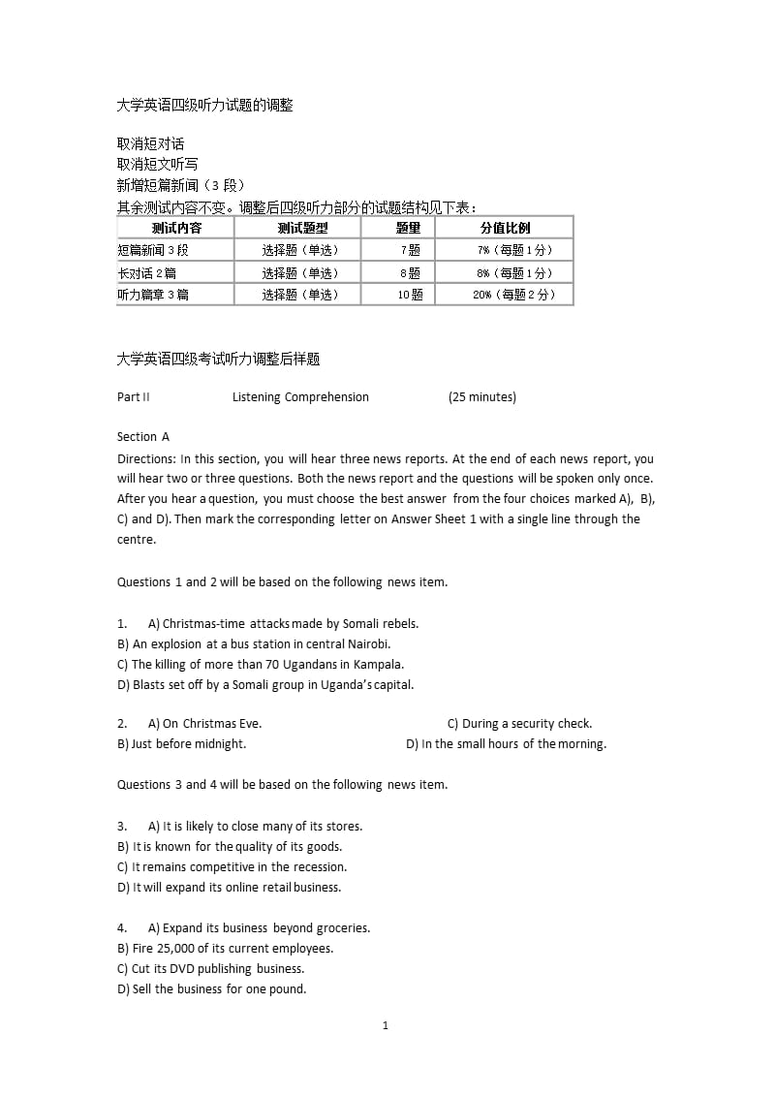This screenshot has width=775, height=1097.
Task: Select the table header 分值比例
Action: [x=505, y=228]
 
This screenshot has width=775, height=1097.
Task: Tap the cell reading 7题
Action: [x=409, y=250]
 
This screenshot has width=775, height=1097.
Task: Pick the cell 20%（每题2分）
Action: [x=513, y=295]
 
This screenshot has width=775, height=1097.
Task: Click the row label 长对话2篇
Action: [x=146, y=273]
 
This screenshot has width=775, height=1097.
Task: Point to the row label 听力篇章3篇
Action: [x=153, y=295]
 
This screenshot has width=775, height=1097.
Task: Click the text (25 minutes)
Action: [x=482, y=397]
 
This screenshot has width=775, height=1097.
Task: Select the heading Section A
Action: [x=143, y=437]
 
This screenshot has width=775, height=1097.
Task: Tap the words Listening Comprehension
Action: [x=300, y=397]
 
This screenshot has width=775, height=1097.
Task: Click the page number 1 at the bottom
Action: [x=386, y=1025]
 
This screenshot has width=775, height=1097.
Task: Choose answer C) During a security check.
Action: [x=519, y=724]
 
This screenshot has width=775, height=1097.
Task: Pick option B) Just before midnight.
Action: [x=182, y=744]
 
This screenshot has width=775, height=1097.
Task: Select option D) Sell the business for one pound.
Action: [x=211, y=989]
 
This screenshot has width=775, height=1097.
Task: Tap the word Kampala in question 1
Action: [x=378, y=665]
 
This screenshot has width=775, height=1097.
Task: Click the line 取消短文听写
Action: [x=157, y=164]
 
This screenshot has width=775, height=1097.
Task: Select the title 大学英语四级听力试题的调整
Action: [x=204, y=106]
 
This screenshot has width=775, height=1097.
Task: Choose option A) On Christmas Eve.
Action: [x=204, y=724]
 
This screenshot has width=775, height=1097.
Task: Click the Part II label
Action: [x=134, y=397]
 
